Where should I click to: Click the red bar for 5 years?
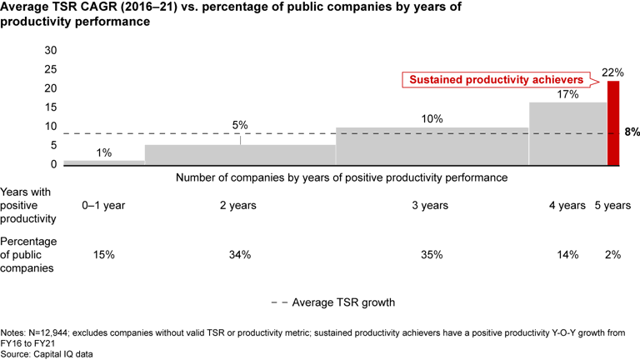click(613, 124)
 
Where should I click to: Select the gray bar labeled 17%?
click(568, 134)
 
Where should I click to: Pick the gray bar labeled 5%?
click(240, 156)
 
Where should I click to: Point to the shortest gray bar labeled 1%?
click(104, 163)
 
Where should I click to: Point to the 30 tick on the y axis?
click(50, 50)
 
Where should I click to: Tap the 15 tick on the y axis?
click(50, 107)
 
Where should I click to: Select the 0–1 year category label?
click(103, 205)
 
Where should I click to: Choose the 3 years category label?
click(432, 205)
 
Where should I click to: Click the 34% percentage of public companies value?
click(240, 255)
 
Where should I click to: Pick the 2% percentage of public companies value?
click(613, 255)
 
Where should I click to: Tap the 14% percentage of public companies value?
click(567, 255)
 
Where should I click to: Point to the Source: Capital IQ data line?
click(51, 352)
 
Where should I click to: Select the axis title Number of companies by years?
click(342, 178)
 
